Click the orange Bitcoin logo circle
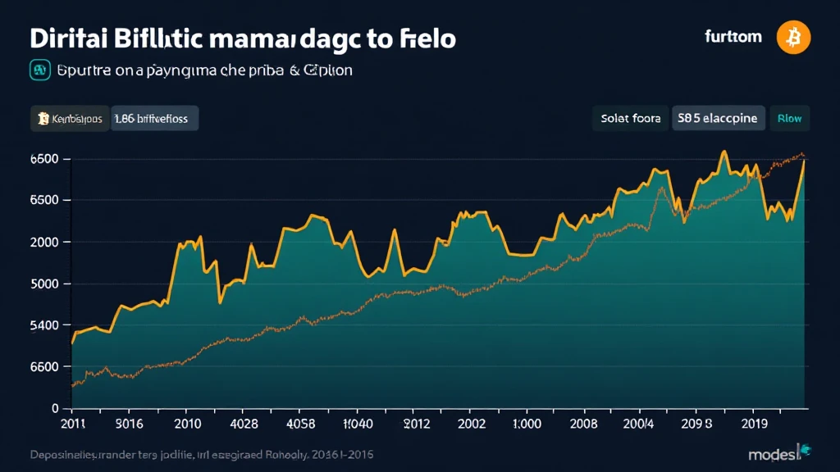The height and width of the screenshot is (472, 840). click(794, 37)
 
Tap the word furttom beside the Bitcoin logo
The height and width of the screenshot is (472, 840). click(733, 37)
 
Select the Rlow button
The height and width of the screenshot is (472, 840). click(789, 119)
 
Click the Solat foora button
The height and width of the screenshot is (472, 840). click(630, 119)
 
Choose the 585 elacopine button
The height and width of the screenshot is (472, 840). click(719, 119)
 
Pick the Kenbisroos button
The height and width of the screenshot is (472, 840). click(69, 119)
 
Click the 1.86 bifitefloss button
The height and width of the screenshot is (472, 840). click(155, 119)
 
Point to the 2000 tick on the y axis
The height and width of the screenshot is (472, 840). click(44, 243)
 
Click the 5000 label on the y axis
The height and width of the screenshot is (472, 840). click(44, 284)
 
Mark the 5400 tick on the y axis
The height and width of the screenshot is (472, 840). click(44, 325)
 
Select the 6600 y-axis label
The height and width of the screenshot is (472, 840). click(44, 367)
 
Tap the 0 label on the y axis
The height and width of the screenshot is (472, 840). click(54, 408)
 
